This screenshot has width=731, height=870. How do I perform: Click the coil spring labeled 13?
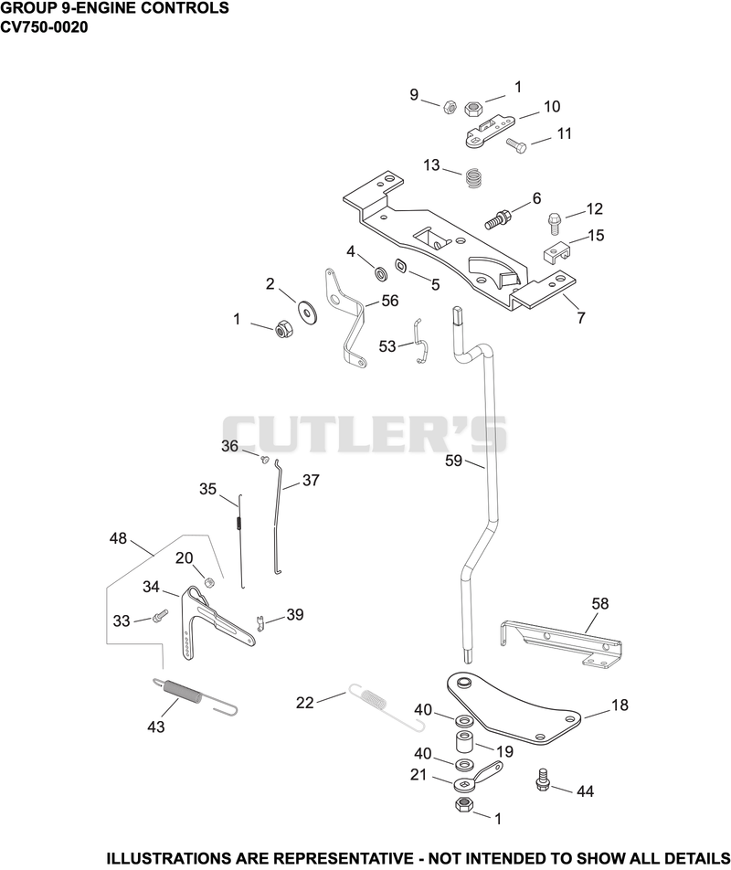(x=472, y=177)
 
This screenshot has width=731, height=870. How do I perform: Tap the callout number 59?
(x=454, y=461)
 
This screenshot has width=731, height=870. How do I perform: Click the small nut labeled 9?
(x=450, y=106)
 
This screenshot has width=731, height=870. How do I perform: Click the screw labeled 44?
(x=541, y=779)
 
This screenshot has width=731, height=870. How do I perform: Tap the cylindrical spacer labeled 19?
(x=465, y=744)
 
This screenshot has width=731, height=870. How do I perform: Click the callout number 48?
(x=118, y=537)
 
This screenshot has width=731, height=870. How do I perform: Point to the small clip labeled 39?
(x=260, y=622)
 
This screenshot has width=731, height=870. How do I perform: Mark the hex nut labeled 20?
(x=209, y=582)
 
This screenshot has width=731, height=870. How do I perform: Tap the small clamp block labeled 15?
(x=556, y=252)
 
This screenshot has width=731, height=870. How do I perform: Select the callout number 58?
(x=600, y=603)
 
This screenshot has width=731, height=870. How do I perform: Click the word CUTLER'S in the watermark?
(x=365, y=434)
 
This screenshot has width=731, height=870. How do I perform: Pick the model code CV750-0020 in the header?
(x=44, y=27)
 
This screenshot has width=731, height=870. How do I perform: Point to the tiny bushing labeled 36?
(x=265, y=459)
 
